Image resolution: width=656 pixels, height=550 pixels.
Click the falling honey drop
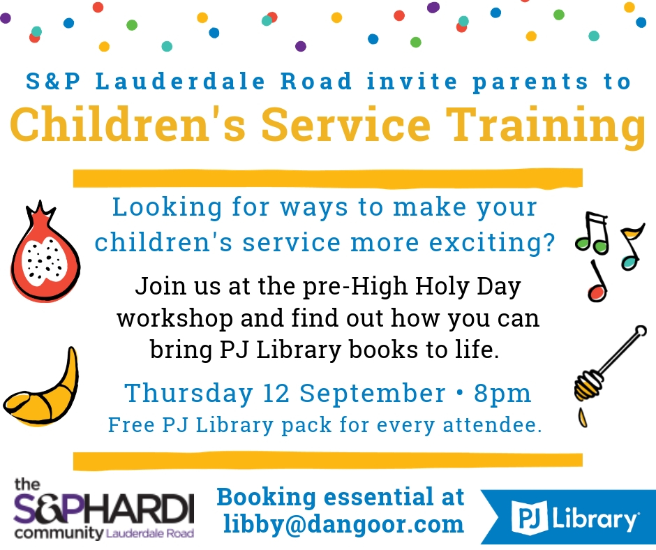(582, 418)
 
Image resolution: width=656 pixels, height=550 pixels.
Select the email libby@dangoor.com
(343, 524)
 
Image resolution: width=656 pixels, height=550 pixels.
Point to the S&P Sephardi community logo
(104, 509)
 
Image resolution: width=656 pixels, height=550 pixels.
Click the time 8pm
(502, 394)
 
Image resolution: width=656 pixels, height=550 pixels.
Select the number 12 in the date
(276, 394)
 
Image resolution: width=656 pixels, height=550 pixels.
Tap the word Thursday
(188, 394)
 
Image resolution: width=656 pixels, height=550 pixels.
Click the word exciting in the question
(487, 243)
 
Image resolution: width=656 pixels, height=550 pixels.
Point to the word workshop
(175, 320)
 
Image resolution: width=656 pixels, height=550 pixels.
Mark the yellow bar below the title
(328, 178)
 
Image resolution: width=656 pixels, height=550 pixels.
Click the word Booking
(266, 497)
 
